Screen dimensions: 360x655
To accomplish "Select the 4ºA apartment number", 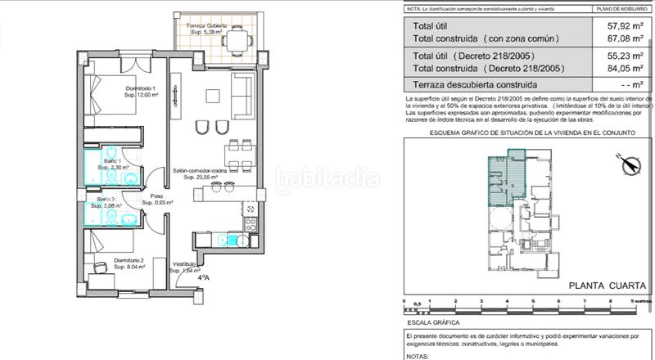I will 203,277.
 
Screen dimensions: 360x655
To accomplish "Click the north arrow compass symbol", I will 629,164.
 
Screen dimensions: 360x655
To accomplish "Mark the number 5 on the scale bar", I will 533,301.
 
